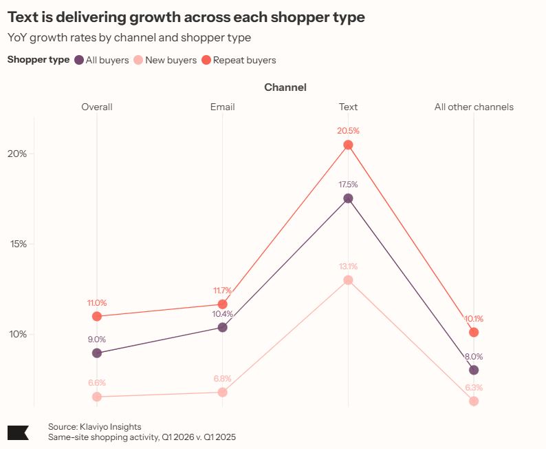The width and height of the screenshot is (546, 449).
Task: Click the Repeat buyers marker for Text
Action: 348,145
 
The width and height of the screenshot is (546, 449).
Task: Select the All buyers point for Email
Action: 222,327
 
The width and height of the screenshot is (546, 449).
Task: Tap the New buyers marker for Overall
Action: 97,397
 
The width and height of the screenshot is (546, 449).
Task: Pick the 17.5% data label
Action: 348,185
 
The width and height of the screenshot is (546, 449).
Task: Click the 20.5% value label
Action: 348,130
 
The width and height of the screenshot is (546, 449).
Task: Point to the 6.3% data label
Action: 473,387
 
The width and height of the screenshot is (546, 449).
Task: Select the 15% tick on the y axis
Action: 18,244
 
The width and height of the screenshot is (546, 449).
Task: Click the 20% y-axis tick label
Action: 18,154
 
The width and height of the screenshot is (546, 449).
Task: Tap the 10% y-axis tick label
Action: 18,334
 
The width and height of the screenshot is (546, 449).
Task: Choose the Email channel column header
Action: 222,107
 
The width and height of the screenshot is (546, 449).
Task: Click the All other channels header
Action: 474,107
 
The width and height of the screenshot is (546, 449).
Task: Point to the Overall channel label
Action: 97,107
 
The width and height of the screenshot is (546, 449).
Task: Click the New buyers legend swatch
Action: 138,60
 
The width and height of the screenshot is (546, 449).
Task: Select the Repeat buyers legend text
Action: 244,60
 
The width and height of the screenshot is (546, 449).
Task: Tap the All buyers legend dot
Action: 79,60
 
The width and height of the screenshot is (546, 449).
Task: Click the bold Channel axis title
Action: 285,87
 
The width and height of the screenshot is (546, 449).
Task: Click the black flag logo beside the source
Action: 18,432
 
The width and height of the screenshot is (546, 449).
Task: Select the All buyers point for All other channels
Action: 473,370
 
